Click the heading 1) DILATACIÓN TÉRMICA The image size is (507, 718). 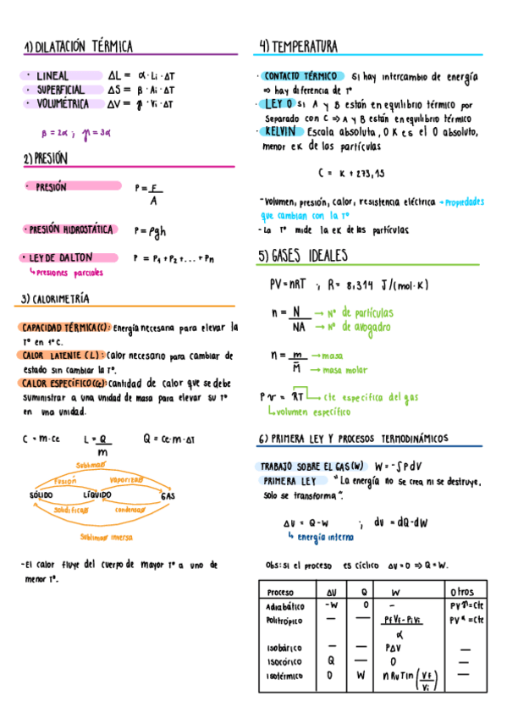[78, 47]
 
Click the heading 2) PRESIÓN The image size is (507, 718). [46, 158]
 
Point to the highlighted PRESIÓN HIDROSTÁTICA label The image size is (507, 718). [69, 229]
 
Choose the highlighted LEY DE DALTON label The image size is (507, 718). [60, 257]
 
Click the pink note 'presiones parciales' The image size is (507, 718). [69, 272]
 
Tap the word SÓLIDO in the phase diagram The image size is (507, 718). [41, 494]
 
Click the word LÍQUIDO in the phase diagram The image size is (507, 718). [97, 494]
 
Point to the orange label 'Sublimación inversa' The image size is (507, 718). [107, 536]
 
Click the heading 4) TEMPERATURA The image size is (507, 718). [299, 46]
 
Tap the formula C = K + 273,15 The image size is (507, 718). [351, 174]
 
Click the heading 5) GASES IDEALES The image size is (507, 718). [303, 256]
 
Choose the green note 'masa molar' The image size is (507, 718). [345, 370]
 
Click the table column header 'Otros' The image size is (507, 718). [463, 592]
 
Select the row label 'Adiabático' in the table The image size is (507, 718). [285, 606]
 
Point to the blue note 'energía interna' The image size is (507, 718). [326, 537]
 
